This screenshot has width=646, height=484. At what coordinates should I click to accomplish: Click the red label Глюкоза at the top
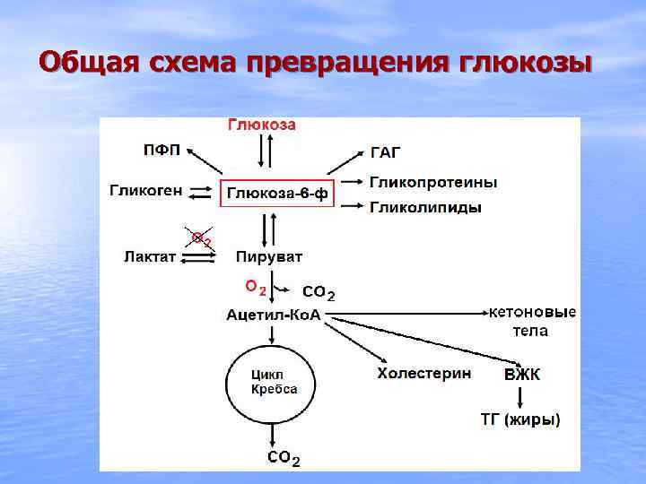click(x=261, y=125)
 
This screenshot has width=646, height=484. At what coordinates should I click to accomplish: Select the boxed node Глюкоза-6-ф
click(x=277, y=193)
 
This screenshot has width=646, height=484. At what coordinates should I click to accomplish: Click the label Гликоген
click(x=147, y=190)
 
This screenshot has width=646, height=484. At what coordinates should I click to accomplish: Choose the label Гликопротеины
click(x=433, y=182)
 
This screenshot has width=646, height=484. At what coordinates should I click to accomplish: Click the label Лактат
click(x=150, y=257)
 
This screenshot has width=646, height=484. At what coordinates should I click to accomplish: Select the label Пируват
click(x=269, y=257)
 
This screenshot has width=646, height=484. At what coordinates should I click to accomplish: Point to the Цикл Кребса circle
click(x=273, y=383)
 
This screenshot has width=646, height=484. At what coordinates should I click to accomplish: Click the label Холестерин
click(x=423, y=373)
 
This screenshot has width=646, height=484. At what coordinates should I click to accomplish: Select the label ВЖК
click(x=521, y=375)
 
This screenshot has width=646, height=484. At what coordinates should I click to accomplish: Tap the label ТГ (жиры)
click(x=519, y=419)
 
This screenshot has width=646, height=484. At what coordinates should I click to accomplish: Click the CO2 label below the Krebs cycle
click(x=284, y=458)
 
